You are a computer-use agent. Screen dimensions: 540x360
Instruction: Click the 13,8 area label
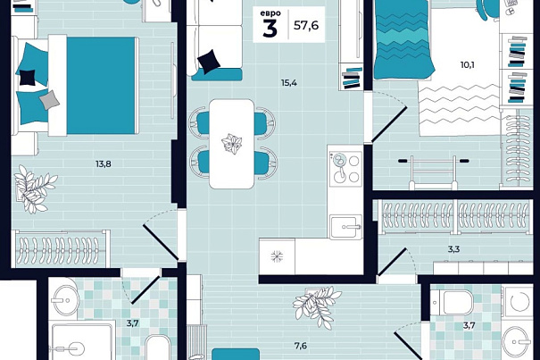click(104, 164)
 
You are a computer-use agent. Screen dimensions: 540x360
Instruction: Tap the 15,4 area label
click(289, 83)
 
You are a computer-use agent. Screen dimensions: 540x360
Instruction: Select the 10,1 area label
click(468, 64)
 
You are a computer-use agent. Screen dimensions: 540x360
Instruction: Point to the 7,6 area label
click(301, 346)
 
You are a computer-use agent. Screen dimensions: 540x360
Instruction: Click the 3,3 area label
click(454, 249)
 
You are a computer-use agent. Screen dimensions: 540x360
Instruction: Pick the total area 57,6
click(306, 25)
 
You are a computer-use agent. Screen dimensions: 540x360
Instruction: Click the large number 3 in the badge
click(270, 29)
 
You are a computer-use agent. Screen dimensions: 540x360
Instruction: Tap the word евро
click(270, 13)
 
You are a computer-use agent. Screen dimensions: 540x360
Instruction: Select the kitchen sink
click(345, 227)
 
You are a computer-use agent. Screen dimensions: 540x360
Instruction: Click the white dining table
click(232, 144)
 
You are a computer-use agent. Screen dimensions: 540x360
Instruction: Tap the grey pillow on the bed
click(50, 100)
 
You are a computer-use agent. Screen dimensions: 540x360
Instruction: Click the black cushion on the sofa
click(209, 62)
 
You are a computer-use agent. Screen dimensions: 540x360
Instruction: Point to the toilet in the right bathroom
click(453, 303)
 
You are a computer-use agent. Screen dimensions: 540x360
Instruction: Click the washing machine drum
click(520, 301)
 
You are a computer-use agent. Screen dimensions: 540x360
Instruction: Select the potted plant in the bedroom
click(34, 189)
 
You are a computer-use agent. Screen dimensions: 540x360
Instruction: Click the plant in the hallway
click(316, 306)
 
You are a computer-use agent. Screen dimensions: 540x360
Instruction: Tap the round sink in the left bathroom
click(65, 300)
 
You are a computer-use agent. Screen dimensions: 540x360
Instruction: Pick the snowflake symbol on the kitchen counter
click(277, 256)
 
